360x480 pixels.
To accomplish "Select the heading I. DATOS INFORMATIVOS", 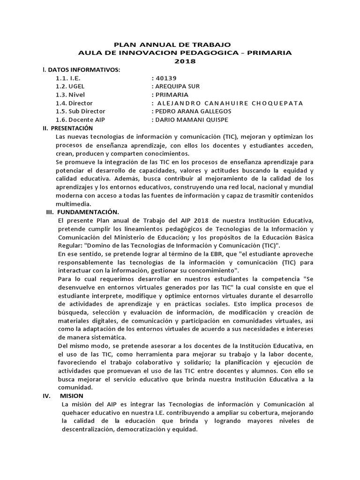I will pyautogui.click(x=81, y=70).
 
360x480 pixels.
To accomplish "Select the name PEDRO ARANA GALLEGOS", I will pyautogui.click(x=192, y=112).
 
